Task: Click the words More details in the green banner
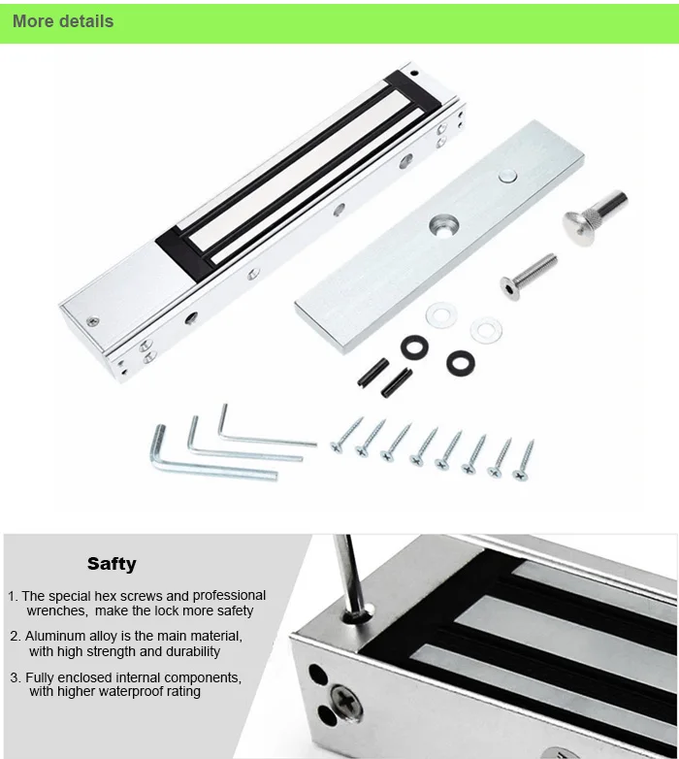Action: coord(63,21)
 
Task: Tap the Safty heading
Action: coord(112,564)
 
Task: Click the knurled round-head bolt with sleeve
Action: coord(595,217)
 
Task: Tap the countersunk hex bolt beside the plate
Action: coord(528,277)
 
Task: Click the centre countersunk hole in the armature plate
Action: coord(444,225)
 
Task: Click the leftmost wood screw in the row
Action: coord(346,434)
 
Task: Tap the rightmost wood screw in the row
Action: coord(524,460)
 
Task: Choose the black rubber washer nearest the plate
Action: coord(414,347)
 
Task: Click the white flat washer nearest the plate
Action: coord(441,315)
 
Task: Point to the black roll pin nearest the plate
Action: coord(373,373)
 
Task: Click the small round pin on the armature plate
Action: coord(507,177)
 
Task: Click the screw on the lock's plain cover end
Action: coord(92,321)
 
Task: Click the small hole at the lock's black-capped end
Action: coord(414,73)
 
